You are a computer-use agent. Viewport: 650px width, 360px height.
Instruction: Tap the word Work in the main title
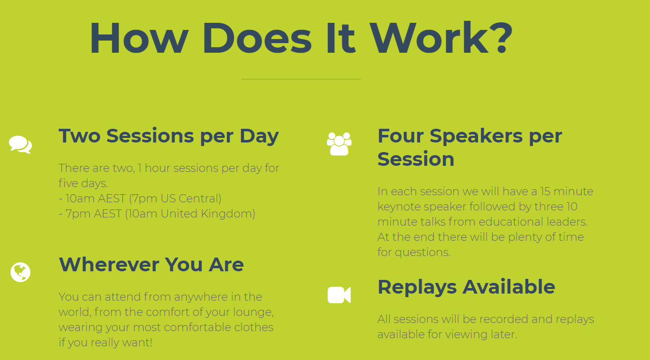tap(429, 38)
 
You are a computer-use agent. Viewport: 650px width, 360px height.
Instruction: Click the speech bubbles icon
tap(20, 145)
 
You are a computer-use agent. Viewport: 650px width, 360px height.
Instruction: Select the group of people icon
tap(339, 144)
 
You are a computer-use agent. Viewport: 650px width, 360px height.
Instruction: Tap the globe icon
tap(20, 272)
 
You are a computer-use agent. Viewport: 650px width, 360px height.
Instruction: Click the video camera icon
tap(339, 295)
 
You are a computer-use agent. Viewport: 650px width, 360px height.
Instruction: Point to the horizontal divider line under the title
tap(301, 79)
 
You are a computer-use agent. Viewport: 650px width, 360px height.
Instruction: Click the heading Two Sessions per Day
tap(168, 136)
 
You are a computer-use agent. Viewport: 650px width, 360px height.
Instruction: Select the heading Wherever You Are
tap(151, 264)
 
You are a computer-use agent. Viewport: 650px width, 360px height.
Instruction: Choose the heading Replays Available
tap(466, 287)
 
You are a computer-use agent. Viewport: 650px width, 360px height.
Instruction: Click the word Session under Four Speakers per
tap(416, 159)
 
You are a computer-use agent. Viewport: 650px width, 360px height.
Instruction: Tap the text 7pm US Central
tap(175, 199)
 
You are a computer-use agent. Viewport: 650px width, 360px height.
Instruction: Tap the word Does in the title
tap(257, 38)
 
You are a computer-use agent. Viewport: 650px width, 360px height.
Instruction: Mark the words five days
tap(83, 184)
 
